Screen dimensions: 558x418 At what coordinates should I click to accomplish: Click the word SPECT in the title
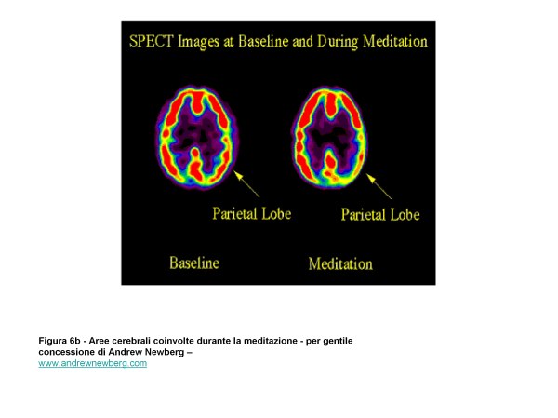151,41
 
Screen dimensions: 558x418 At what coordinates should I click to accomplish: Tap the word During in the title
338,42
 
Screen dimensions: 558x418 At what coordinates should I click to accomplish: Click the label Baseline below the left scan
194,263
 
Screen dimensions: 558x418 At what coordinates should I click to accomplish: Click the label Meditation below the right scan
340,264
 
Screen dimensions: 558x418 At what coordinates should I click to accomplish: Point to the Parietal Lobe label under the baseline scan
252,214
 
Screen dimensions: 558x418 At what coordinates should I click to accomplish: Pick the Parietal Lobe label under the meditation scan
380,214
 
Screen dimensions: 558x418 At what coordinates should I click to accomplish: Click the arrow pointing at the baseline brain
246,184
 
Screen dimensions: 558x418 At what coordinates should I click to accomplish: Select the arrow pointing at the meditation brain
379,186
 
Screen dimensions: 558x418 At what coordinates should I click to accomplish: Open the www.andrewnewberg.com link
92,363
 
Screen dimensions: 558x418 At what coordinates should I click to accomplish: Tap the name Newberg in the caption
167,352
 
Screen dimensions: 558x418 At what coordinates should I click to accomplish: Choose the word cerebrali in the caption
131,341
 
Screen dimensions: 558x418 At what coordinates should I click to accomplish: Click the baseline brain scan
196,138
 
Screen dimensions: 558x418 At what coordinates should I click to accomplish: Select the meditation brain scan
329,138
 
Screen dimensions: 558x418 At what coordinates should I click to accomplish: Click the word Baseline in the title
263,41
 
